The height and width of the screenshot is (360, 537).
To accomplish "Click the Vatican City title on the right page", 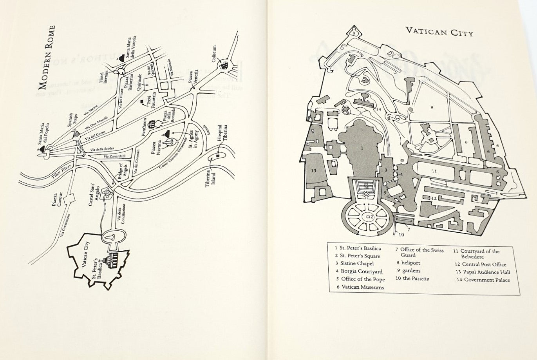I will pos(439,32).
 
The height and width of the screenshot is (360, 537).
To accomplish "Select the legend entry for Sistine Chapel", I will pos(354,264).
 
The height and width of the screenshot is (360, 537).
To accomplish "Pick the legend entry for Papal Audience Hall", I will pos(483,272).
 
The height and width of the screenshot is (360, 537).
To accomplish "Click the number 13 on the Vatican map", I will pos(314,170).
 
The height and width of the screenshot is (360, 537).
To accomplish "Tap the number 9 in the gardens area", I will pos(431,107).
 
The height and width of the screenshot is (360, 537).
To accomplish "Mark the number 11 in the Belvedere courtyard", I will pos(434,171).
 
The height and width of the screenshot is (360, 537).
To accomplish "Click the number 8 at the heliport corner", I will pos(353,33).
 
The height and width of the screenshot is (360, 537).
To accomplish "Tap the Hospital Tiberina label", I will pos(222,135).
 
